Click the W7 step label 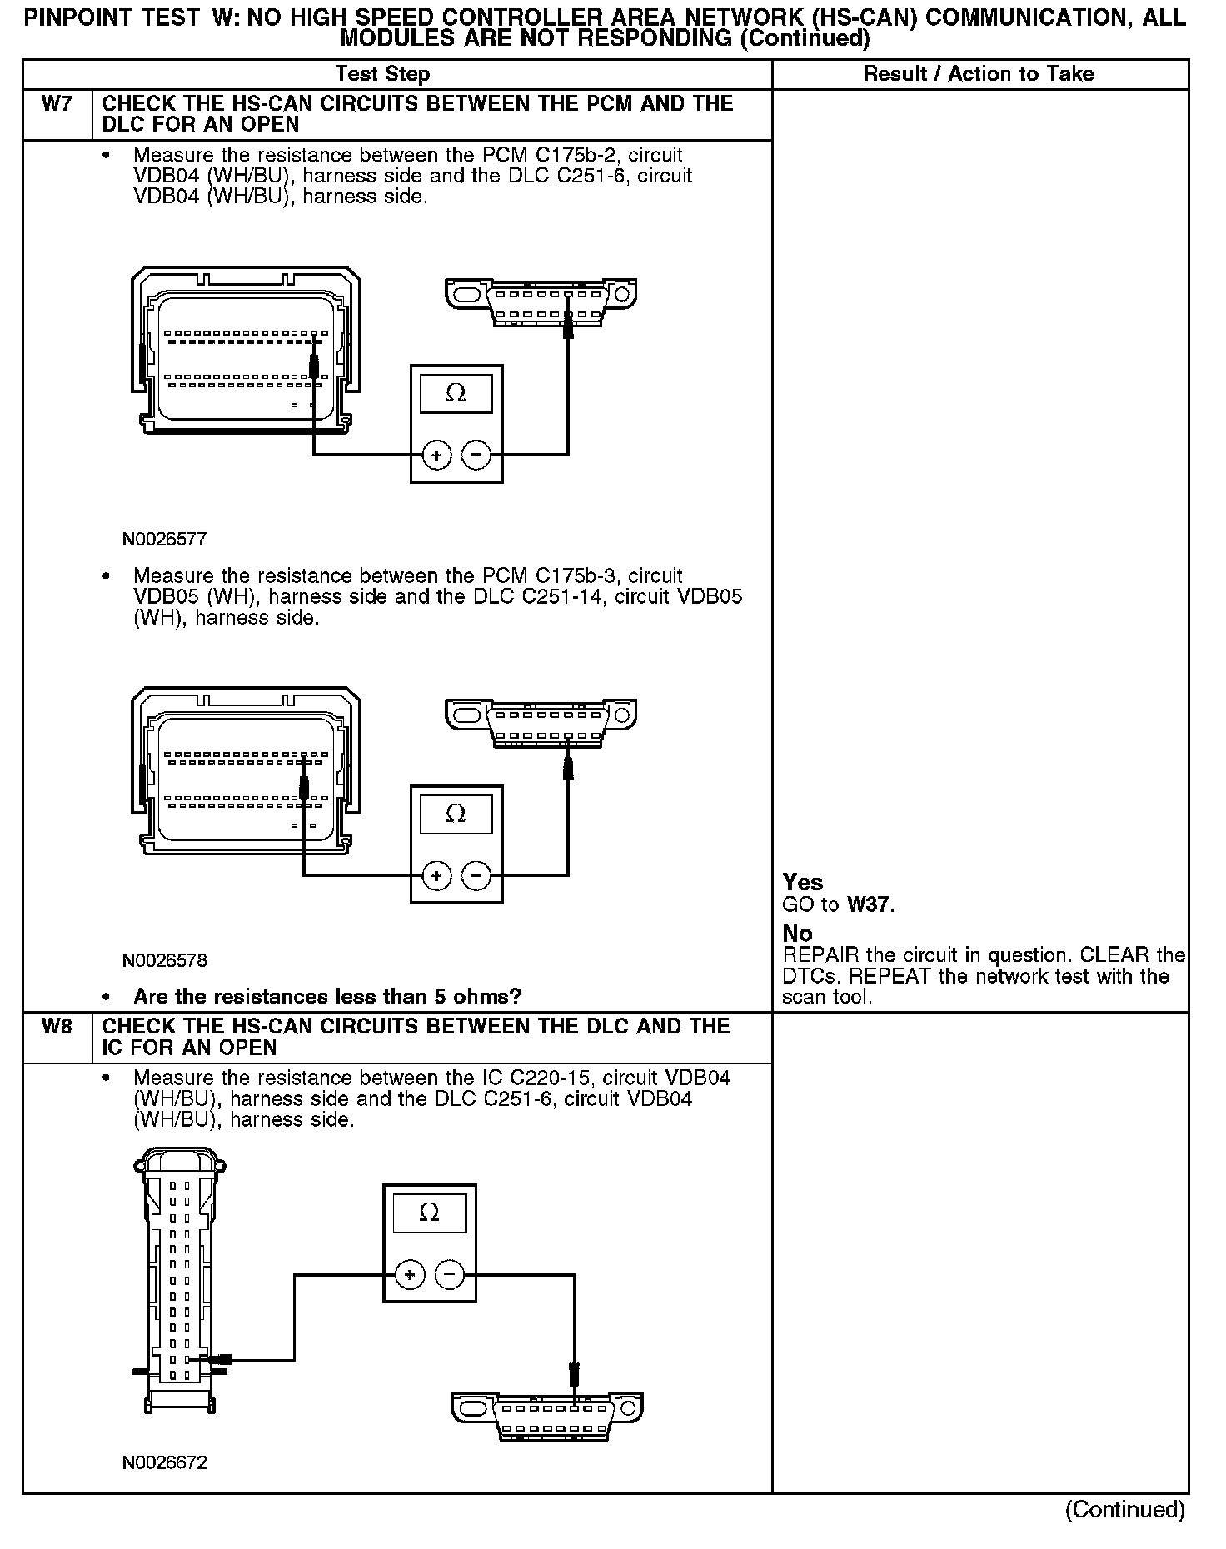(x=56, y=105)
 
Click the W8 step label (x=56, y=1027)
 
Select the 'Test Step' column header (x=382, y=74)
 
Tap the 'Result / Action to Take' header (x=978, y=74)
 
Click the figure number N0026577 (x=164, y=540)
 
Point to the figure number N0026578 (x=164, y=960)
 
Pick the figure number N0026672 (x=164, y=1462)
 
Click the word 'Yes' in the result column (x=802, y=883)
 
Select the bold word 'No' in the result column (x=797, y=934)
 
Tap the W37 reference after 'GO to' (x=869, y=904)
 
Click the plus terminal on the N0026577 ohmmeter (x=436, y=455)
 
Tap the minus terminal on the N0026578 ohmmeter (x=476, y=875)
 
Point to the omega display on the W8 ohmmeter (x=429, y=1213)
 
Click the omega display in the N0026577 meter (x=456, y=393)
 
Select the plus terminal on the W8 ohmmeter (x=409, y=1275)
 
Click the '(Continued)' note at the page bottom (x=1124, y=1509)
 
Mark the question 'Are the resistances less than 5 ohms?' (x=326, y=997)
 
